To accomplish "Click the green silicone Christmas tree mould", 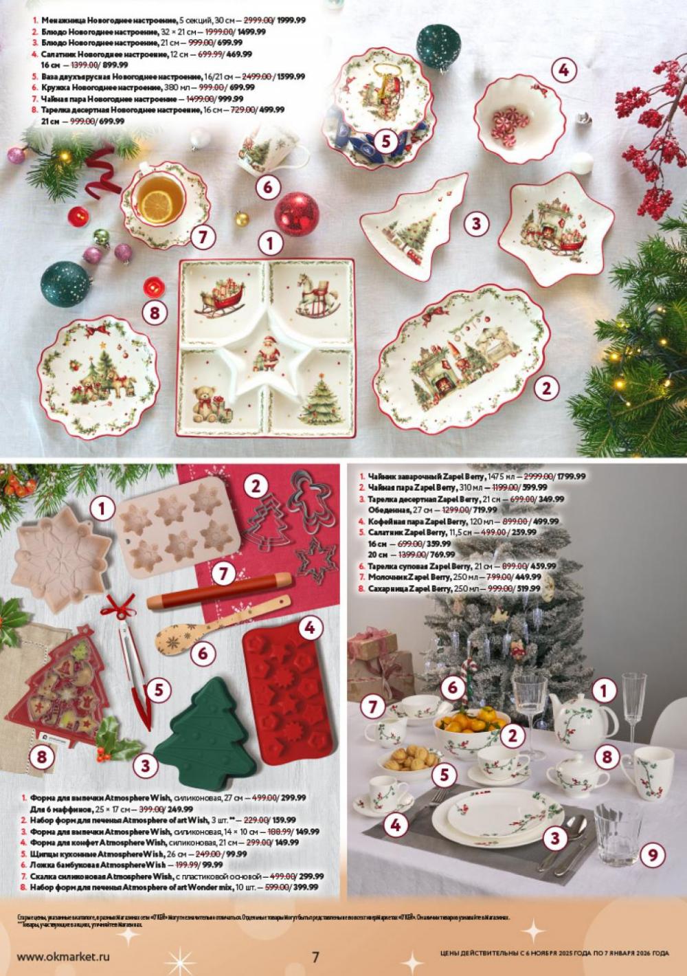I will click(206, 718).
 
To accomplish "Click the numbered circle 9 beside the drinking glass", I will click(653, 855).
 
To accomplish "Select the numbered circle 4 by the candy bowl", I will click(563, 69).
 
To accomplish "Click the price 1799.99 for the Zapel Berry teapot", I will click(567, 476).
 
